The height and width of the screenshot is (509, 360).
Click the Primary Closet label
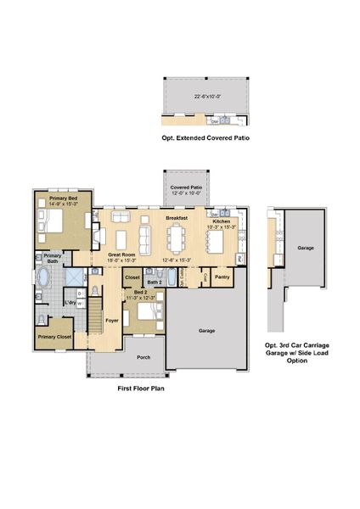[53, 336]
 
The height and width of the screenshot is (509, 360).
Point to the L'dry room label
[72, 302]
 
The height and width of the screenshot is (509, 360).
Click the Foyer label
[111, 320]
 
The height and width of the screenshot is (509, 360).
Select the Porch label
[143, 357]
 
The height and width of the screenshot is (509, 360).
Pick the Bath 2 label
[155, 282]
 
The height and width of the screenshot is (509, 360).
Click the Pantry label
[222, 277]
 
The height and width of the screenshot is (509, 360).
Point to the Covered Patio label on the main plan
[185, 187]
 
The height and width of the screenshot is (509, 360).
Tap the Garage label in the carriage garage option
[306, 249]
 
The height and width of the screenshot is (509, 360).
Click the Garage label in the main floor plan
[206, 330]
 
